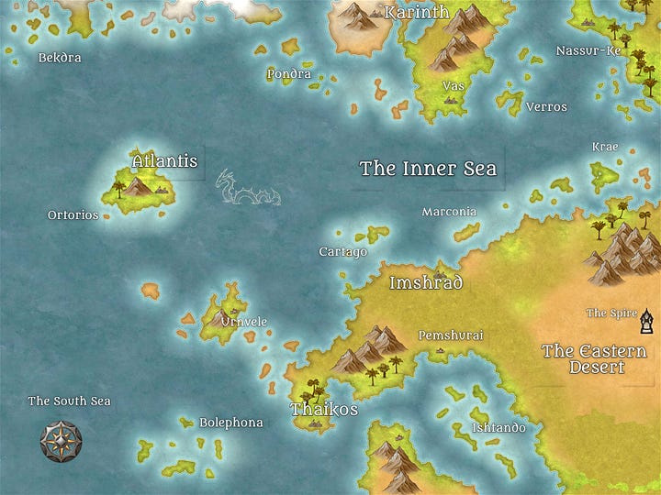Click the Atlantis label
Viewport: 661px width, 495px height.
[x=165, y=161]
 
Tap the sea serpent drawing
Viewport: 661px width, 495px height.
[x=244, y=188]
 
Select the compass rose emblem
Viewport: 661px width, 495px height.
[x=62, y=441]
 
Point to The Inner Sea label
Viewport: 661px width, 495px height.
[x=428, y=169]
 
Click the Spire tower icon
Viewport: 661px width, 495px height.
[x=648, y=320]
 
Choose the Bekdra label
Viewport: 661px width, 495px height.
[x=60, y=58]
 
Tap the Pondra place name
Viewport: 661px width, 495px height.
[x=289, y=74]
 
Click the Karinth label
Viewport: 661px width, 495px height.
[x=417, y=13]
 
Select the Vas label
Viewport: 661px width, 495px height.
[x=452, y=86]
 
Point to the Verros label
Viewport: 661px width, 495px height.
[x=546, y=107]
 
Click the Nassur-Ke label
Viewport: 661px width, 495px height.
[x=588, y=50]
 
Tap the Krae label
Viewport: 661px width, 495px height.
[x=605, y=147]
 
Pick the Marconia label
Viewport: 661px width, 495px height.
[x=449, y=212]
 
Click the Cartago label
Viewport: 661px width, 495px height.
[x=342, y=252]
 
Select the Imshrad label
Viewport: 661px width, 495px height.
[x=426, y=282]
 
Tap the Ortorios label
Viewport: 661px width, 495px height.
[x=73, y=215]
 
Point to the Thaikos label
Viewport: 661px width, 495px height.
[x=324, y=409]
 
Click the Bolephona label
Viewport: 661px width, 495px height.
[x=231, y=423]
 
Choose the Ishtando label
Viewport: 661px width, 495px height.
[x=499, y=428]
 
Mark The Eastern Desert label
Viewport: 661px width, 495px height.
[x=594, y=358]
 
